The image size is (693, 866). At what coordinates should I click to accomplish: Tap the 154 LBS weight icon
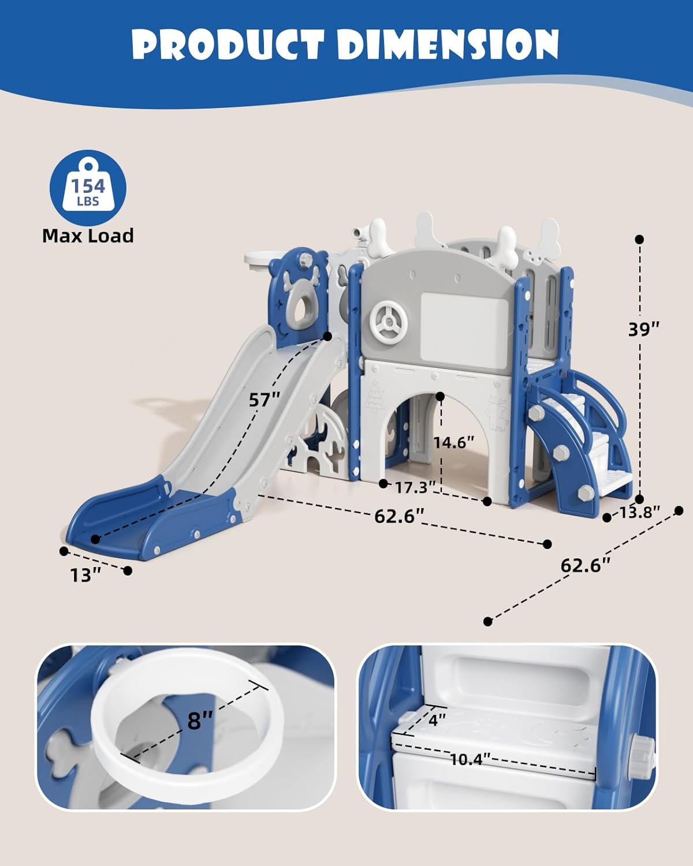[x=88, y=188]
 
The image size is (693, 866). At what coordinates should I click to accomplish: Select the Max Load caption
[x=88, y=236]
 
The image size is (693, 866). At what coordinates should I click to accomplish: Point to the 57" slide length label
[x=264, y=400]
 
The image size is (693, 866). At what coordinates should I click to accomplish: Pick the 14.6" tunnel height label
[x=454, y=443]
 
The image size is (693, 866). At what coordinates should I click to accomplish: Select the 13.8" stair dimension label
[x=639, y=512]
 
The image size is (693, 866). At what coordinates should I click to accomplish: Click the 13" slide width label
[x=86, y=575]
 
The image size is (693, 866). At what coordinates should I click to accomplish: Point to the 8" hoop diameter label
[x=200, y=720]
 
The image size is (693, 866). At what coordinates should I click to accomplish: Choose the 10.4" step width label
[x=470, y=759]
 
